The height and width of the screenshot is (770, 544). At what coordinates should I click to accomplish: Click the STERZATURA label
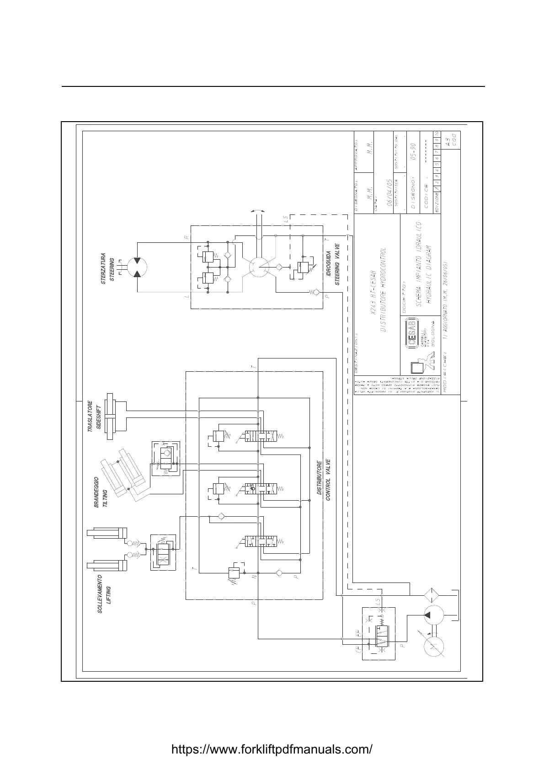coord(103,268)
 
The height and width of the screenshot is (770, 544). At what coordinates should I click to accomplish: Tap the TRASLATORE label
coord(90,416)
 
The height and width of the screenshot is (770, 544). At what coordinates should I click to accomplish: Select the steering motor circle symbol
coord(137,267)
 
